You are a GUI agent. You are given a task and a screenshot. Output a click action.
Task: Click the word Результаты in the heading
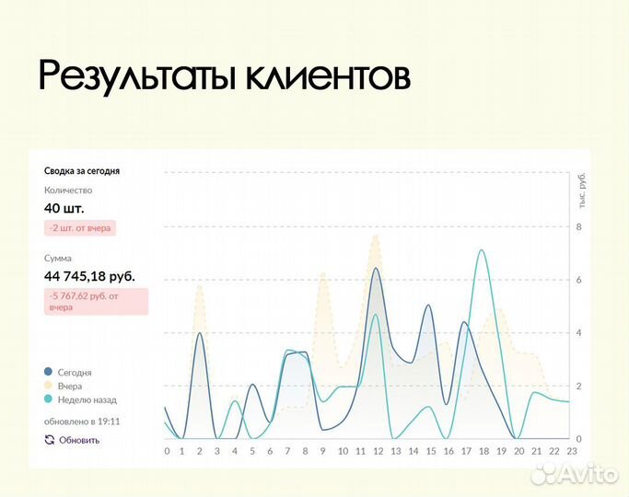coord(137,77)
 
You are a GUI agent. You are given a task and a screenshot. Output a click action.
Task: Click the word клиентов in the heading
coord(327,77)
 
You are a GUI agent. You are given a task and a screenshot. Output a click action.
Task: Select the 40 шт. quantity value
coord(64,208)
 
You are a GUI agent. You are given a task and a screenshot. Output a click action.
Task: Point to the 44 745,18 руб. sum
coord(89,275)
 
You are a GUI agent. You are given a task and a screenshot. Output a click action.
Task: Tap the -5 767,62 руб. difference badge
coord(96,301)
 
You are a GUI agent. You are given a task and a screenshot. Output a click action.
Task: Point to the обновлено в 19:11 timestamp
coord(82,422)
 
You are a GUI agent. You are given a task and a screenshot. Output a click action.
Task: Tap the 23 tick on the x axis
coord(571,451)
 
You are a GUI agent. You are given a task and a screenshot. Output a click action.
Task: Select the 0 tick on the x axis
coord(167,451)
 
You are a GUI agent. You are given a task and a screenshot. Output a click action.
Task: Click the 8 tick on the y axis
coord(578,226)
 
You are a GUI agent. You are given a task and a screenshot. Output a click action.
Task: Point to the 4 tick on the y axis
coord(578,333)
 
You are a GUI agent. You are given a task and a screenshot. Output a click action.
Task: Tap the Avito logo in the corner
coord(576,474)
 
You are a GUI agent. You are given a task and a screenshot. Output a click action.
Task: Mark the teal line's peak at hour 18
coord(482,250)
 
